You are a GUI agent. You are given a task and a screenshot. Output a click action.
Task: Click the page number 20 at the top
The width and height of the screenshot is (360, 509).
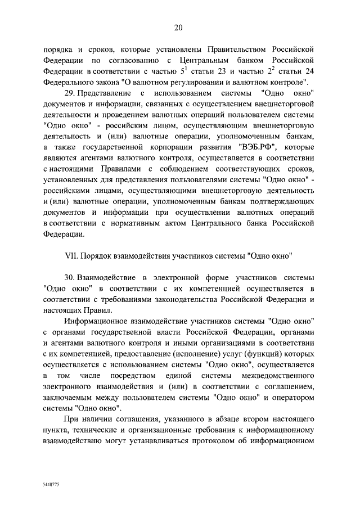coord(179,28)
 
